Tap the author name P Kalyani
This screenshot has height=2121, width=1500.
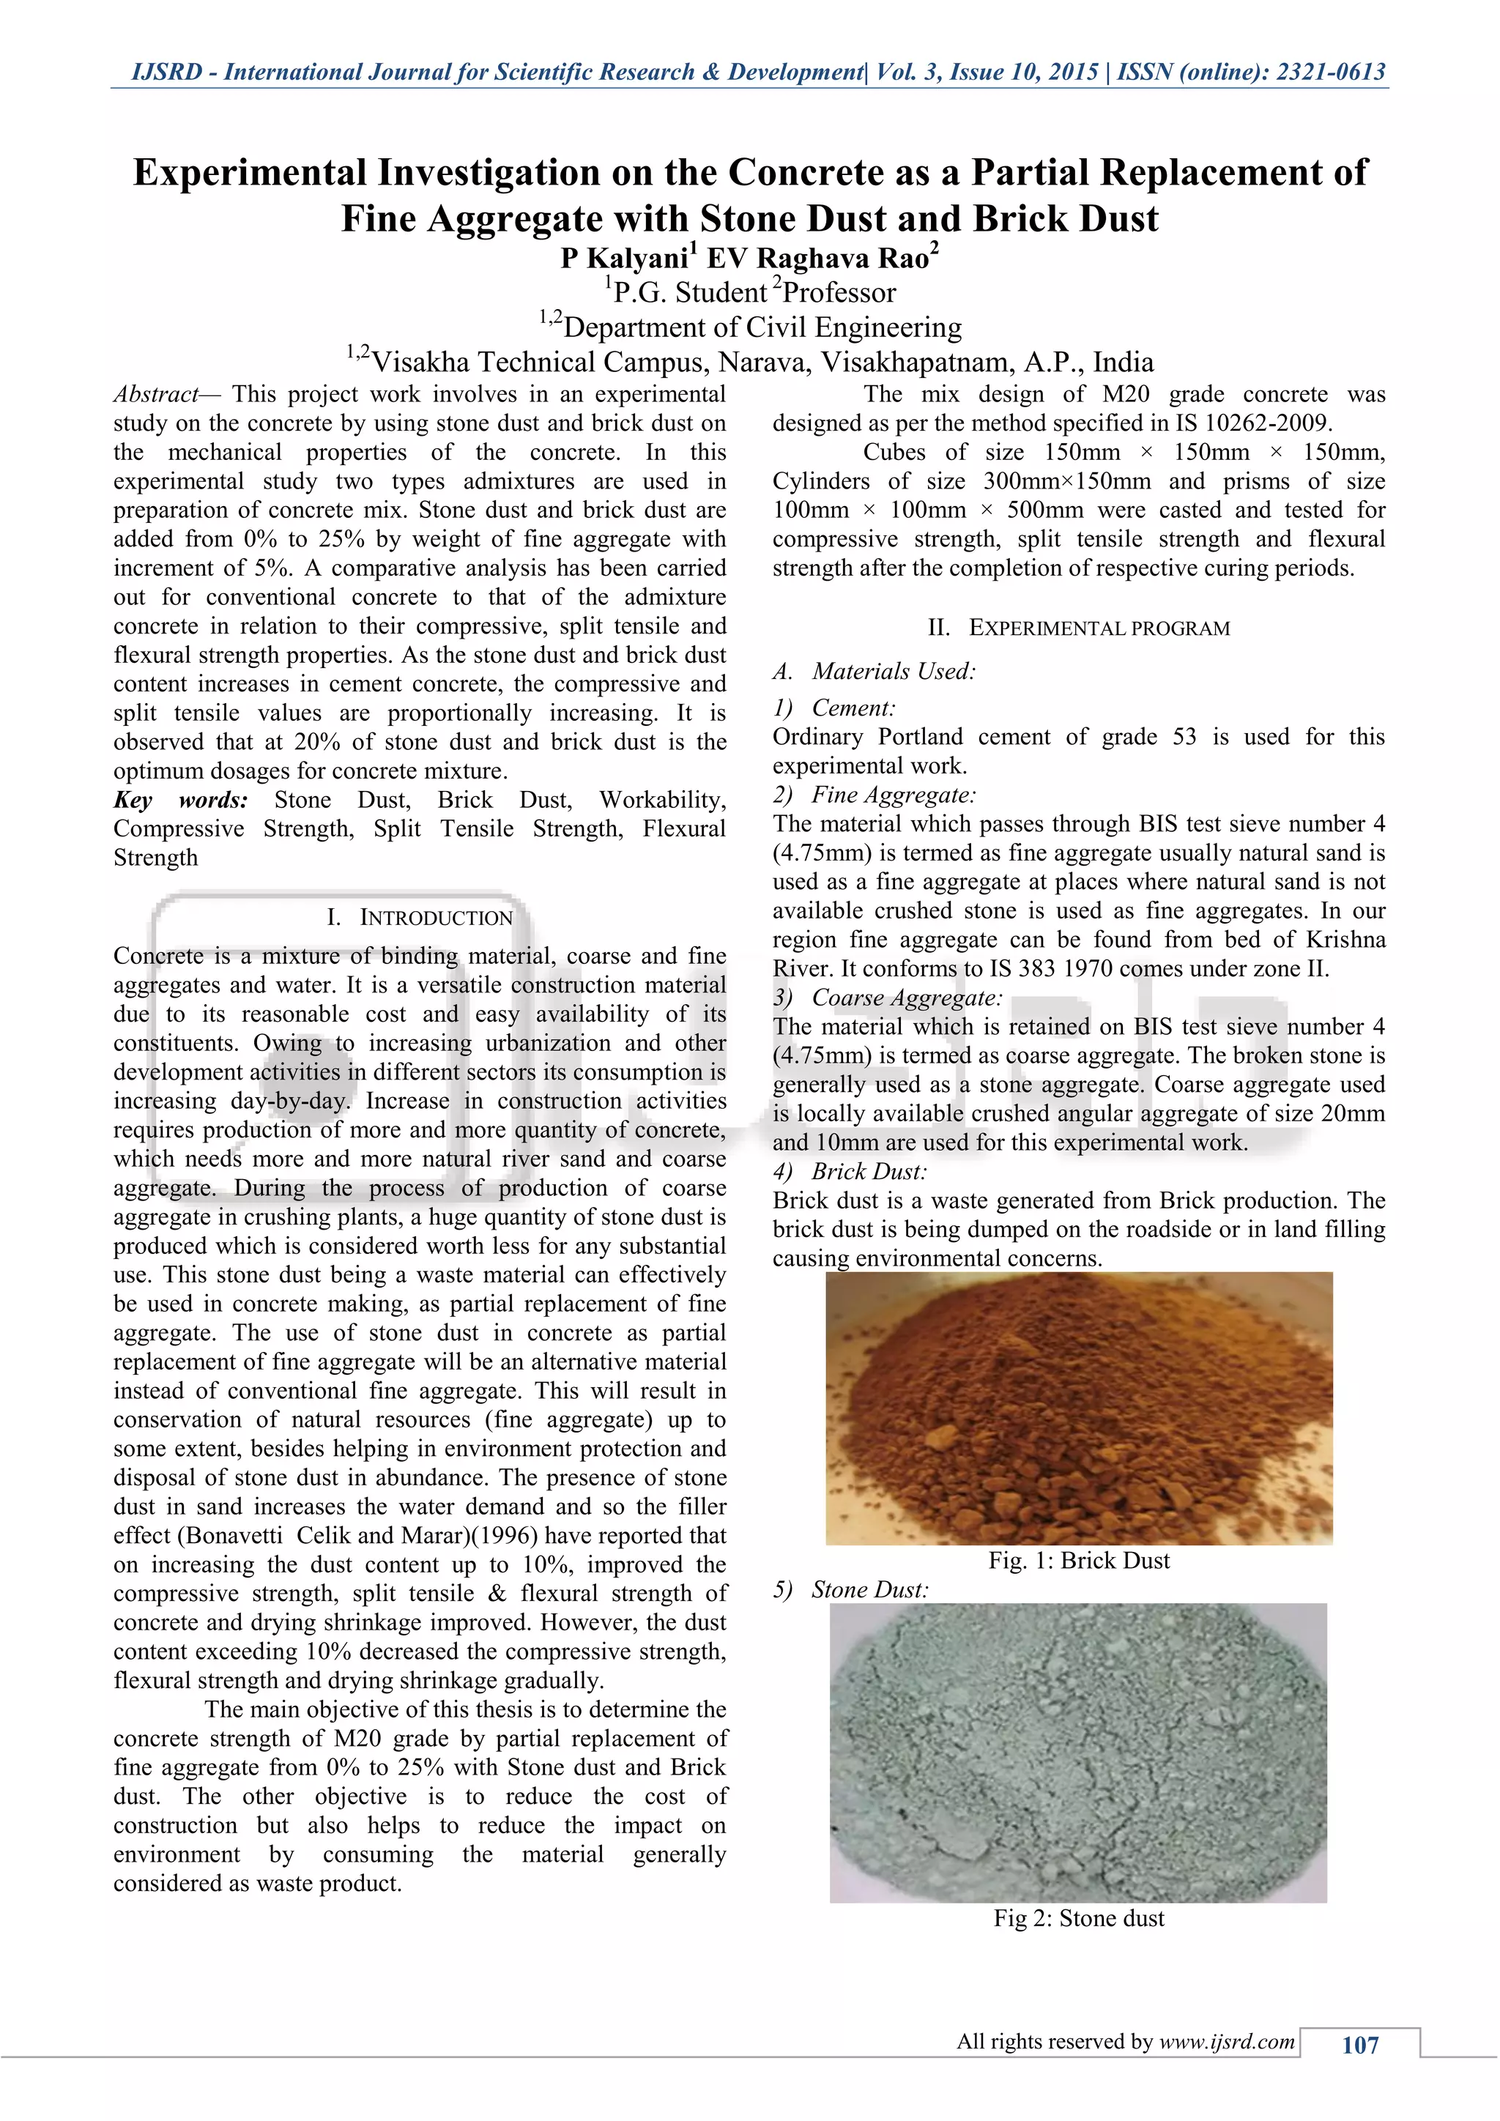point(628,258)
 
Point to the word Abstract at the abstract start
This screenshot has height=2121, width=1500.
point(155,395)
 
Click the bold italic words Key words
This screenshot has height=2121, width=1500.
point(181,800)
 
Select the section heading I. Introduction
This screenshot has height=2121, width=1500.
point(420,917)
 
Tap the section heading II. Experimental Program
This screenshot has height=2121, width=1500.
point(1079,628)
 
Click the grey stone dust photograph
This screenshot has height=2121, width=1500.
point(1078,1753)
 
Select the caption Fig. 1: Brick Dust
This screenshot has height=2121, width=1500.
point(1079,1560)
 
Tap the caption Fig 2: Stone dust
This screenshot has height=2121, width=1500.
point(1079,1919)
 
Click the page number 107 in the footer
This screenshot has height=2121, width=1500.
point(1359,2046)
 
